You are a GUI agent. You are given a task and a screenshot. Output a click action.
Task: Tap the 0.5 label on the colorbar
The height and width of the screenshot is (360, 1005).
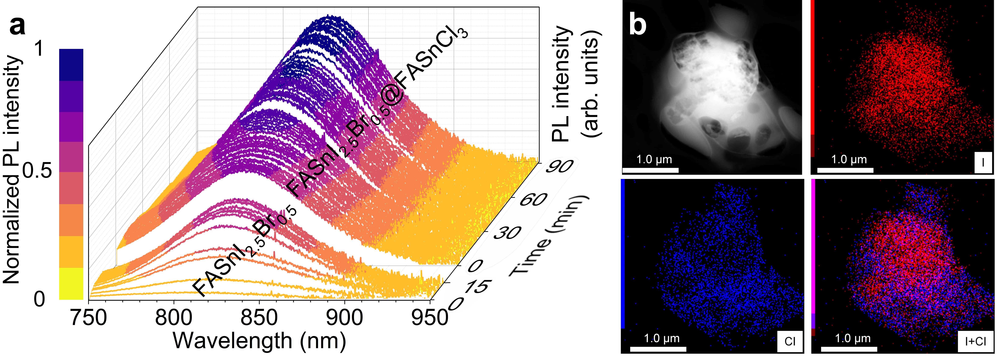click(37, 170)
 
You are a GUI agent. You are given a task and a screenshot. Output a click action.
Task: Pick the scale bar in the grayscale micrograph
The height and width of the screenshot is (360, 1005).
click(650, 170)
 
